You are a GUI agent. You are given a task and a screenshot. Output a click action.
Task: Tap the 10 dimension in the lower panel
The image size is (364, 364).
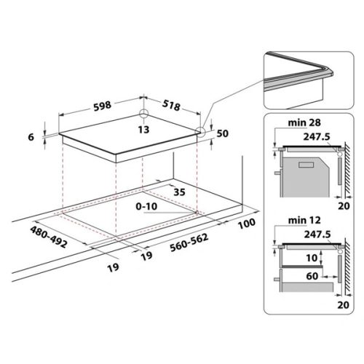click(312, 257)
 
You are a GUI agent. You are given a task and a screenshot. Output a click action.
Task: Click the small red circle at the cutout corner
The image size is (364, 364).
click(197, 212)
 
